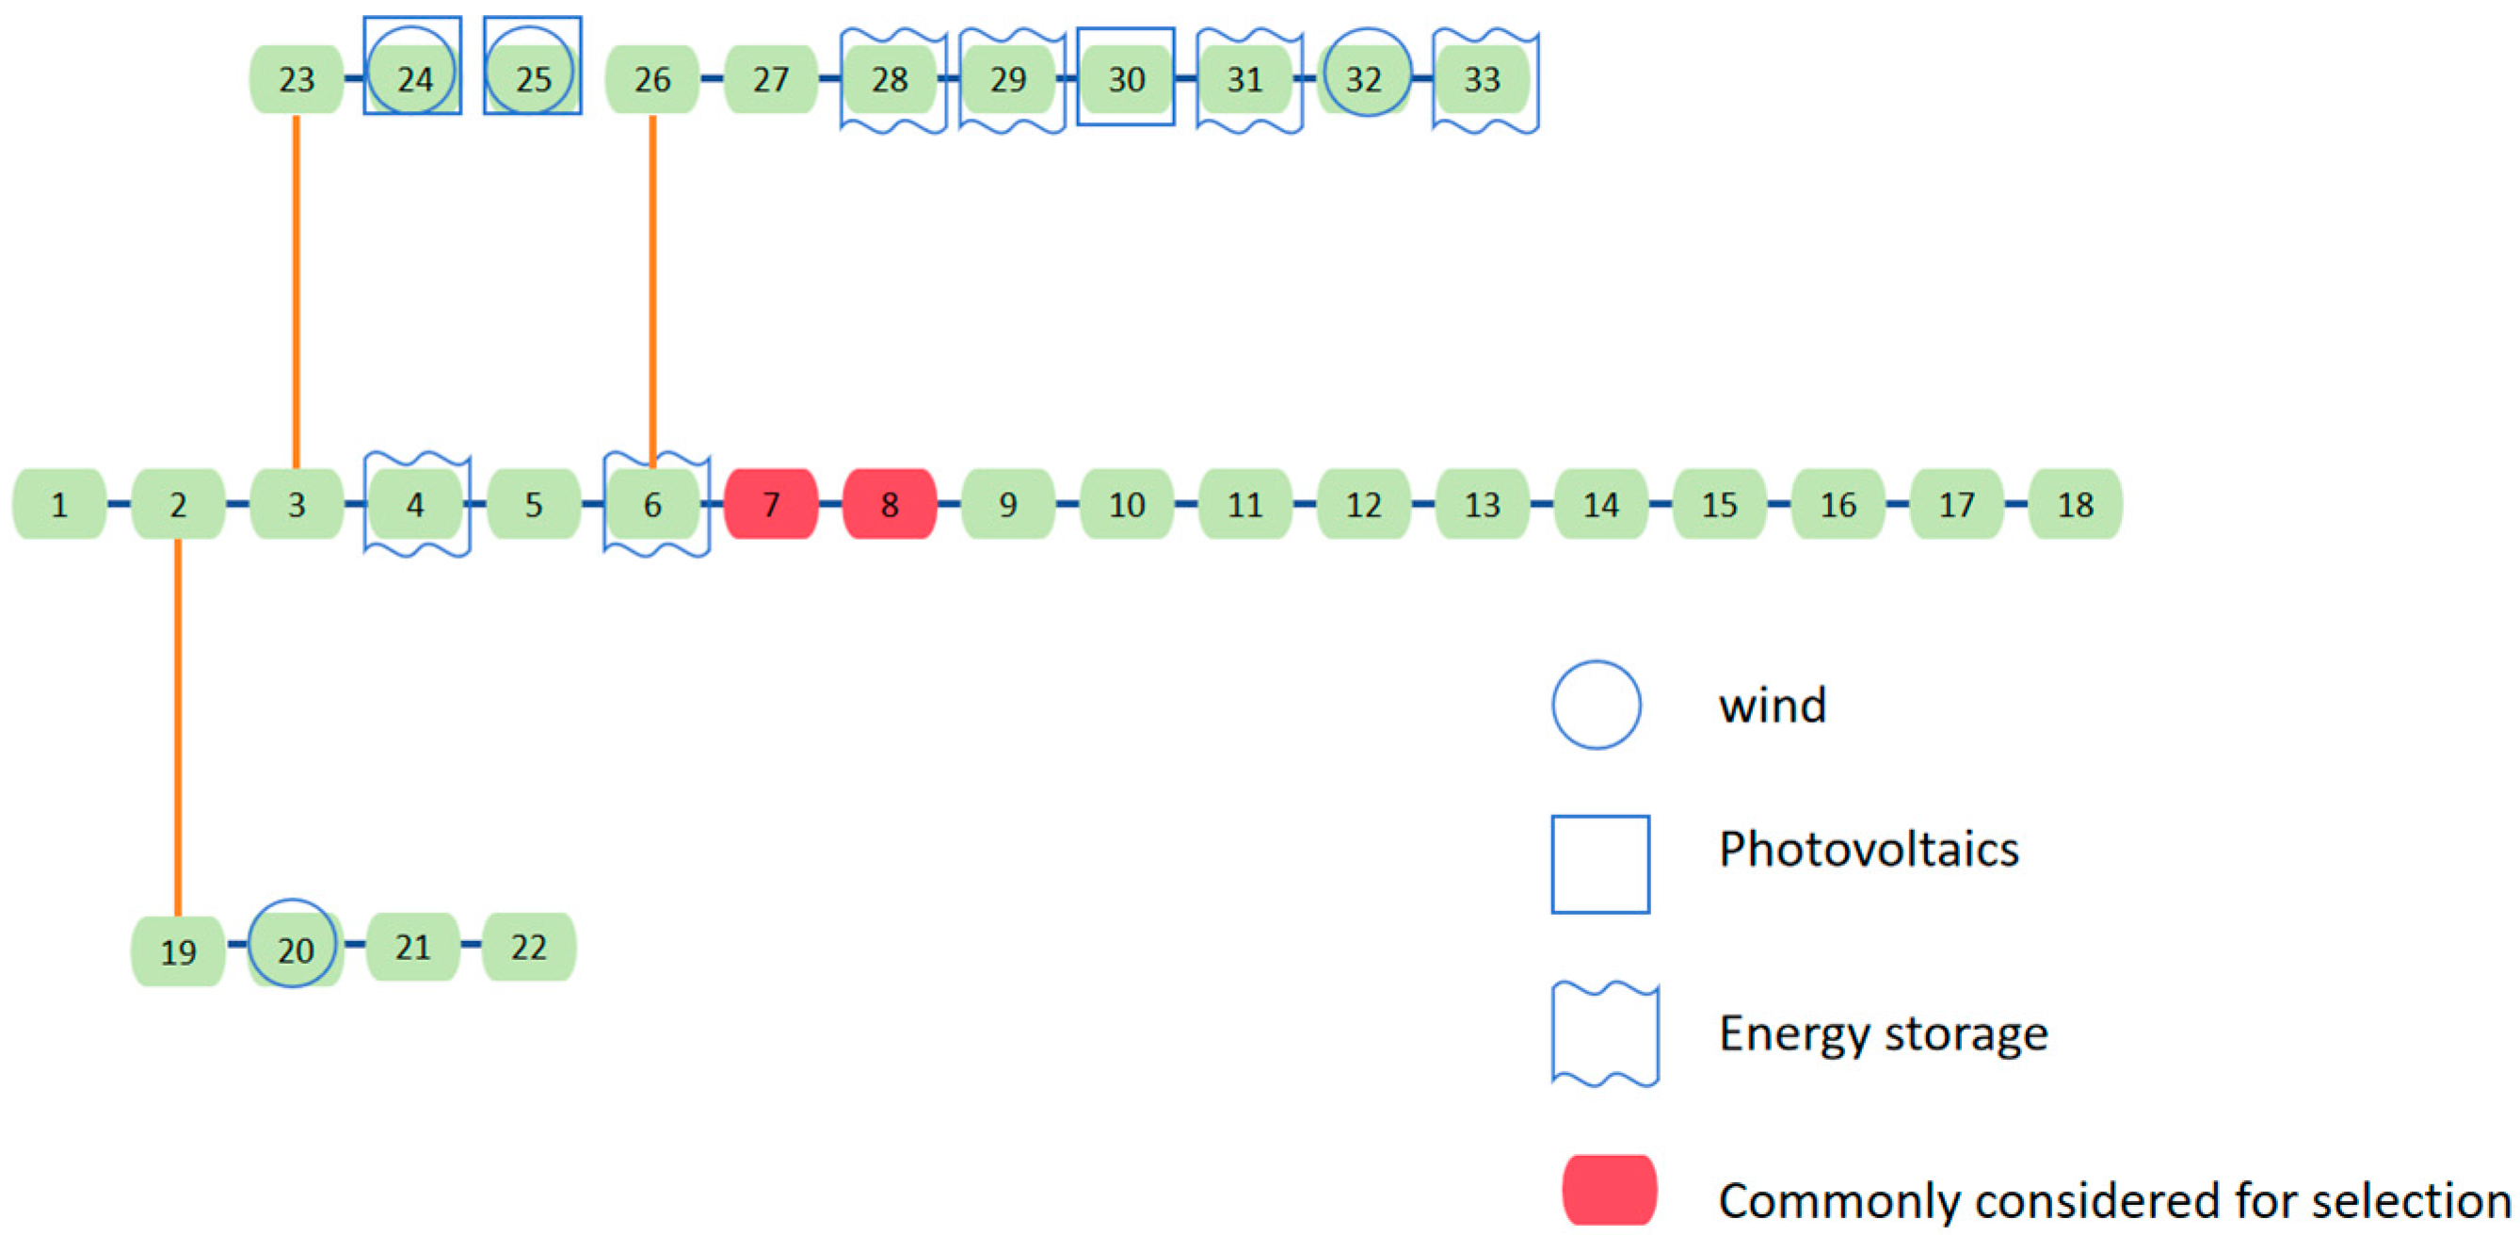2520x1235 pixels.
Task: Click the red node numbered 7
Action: tap(771, 504)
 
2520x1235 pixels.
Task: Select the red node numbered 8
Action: tap(890, 504)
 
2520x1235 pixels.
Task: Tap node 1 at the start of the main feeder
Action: tap(58, 504)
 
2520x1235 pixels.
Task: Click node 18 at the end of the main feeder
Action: tap(2075, 504)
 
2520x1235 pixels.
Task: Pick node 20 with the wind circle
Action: tap(295, 948)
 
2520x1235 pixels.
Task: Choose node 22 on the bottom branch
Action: tap(528, 947)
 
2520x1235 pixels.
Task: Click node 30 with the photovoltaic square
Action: tap(1126, 78)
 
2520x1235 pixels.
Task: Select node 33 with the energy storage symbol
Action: tap(1482, 78)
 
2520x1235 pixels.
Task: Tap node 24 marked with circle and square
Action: tap(414, 77)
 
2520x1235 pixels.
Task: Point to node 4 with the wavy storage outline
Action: tap(415, 504)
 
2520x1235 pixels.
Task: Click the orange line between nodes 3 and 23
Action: tap(297, 294)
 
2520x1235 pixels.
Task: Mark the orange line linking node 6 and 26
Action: tap(652, 294)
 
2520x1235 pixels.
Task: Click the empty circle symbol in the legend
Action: tap(1597, 705)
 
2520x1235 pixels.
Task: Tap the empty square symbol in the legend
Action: tap(1600, 864)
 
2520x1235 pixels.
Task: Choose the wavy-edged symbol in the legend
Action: tap(1604, 1034)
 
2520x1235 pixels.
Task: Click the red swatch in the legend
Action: tap(1609, 1190)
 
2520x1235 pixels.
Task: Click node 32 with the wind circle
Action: tap(1364, 77)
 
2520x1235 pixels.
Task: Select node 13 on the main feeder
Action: tap(1482, 504)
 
